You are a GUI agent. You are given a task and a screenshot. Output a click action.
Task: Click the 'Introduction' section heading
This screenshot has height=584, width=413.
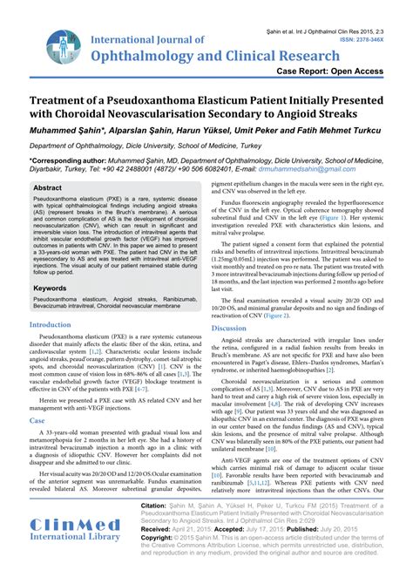(51, 300)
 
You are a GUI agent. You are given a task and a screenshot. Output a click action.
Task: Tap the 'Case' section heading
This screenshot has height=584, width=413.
(36, 396)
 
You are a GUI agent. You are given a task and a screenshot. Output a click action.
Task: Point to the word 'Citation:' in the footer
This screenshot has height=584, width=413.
(158, 505)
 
